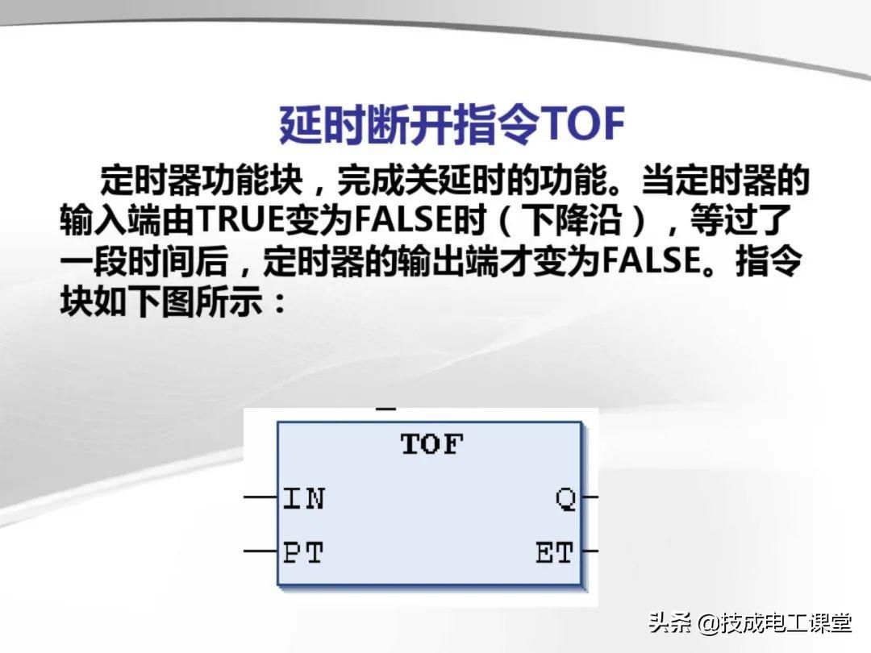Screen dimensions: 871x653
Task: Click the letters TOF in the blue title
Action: coord(582,124)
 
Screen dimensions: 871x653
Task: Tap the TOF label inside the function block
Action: coord(431,444)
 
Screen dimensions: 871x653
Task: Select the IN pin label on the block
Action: coord(303,498)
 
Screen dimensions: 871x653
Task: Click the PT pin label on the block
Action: coord(302,553)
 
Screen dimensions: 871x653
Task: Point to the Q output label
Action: coord(566,499)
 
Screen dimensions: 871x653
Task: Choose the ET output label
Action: coord(554,553)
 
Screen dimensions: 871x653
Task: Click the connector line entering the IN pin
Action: coord(260,497)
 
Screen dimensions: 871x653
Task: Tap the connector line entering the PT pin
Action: coord(260,551)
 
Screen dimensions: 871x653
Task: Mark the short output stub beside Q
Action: coord(590,497)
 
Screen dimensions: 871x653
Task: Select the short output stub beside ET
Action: coord(590,551)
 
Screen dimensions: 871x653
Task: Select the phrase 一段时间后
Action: coord(144,261)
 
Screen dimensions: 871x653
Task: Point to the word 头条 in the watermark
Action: coord(670,623)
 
